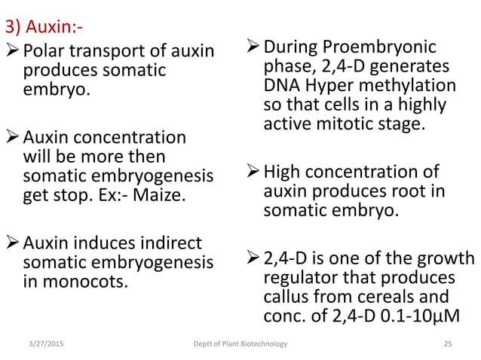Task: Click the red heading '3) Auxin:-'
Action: [x=44, y=29]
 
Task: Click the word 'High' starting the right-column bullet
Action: [x=284, y=172]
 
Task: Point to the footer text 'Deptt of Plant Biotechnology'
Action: [x=240, y=344]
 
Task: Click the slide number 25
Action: [x=448, y=344]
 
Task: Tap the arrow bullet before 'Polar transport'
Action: [x=13, y=52]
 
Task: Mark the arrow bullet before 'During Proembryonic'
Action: [x=253, y=47]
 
